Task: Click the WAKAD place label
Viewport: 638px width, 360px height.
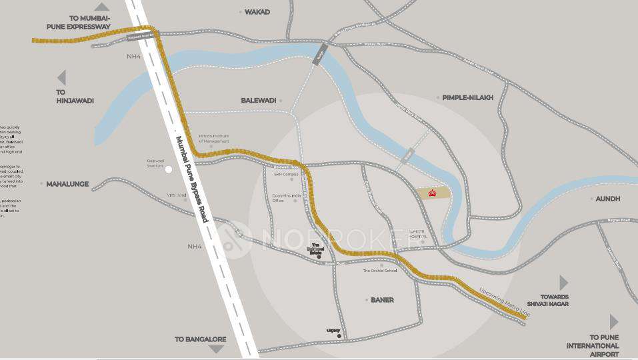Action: click(x=257, y=12)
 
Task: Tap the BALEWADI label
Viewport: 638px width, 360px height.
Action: click(x=258, y=100)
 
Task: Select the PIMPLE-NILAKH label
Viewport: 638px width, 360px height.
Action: click(x=468, y=97)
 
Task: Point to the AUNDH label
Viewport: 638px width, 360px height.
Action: click(x=608, y=199)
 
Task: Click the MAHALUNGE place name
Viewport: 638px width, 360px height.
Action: click(x=67, y=183)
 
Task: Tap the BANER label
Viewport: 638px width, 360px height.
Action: click(x=382, y=300)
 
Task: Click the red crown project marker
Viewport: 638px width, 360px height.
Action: click(x=431, y=193)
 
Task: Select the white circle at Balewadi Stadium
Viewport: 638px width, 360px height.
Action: click(x=169, y=169)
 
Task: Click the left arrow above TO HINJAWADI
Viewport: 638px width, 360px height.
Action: click(x=61, y=77)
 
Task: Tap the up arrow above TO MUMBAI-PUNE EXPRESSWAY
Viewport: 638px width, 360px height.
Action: click(x=101, y=7)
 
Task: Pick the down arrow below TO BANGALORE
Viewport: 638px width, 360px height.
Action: click(x=217, y=349)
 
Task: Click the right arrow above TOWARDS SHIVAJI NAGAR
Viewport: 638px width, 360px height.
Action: click(x=563, y=283)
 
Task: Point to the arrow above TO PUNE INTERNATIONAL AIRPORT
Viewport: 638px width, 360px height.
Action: click(x=613, y=321)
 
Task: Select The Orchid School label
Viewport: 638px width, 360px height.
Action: click(x=379, y=271)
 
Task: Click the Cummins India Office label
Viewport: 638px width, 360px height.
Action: click(x=287, y=197)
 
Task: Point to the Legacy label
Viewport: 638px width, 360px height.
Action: click(x=333, y=330)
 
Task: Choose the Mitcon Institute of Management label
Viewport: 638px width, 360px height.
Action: click(x=214, y=138)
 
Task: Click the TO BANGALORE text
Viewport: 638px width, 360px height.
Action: click(x=200, y=339)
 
